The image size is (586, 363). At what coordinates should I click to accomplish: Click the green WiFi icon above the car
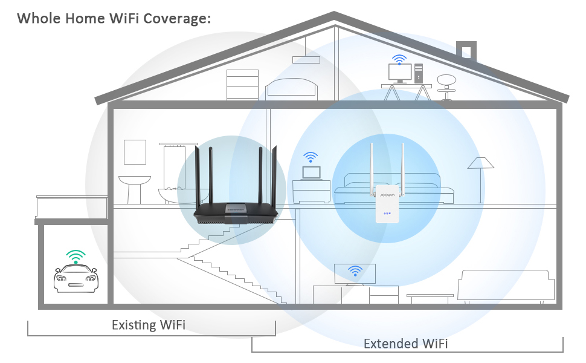[x=76, y=257]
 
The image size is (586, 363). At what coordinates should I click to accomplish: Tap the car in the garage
[x=76, y=280]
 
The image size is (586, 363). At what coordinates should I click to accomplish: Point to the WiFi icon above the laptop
[x=311, y=157]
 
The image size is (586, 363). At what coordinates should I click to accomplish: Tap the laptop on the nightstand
[x=311, y=173]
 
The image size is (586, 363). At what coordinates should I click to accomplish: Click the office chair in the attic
[x=446, y=85]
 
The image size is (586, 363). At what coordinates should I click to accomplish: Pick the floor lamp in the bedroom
[x=480, y=175]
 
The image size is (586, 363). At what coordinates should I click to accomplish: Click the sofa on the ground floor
[x=506, y=284]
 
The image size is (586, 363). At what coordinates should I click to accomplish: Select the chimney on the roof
[x=466, y=51]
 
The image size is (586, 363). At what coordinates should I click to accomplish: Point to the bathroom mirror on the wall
[x=135, y=151]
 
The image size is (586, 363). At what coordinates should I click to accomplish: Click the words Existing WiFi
[x=149, y=325]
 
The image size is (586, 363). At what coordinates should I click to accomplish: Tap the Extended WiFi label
[x=405, y=344]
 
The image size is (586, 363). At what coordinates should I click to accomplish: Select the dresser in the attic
[x=242, y=84]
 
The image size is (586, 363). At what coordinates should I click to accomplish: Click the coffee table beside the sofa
[x=430, y=298]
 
